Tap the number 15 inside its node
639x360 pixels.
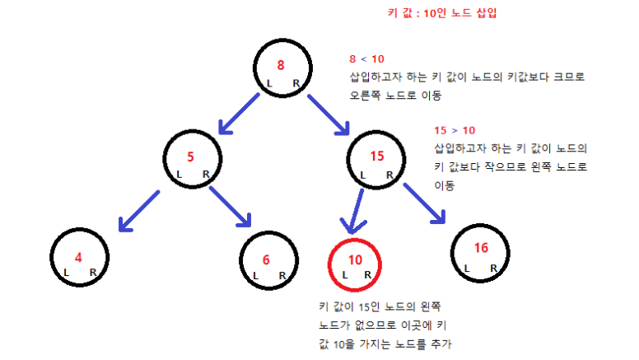(x=377, y=156)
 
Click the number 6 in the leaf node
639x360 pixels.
(x=266, y=259)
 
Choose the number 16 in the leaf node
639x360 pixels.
(x=482, y=248)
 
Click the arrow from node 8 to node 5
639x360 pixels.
(x=240, y=113)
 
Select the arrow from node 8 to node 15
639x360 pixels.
(x=329, y=115)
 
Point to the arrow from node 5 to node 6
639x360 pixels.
(x=231, y=206)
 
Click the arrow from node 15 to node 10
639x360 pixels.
(x=357, y=210)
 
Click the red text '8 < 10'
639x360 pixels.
(x=366, y=59)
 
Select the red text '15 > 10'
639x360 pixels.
(x=454, y=131)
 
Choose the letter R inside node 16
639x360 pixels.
(x=493, y=268)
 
